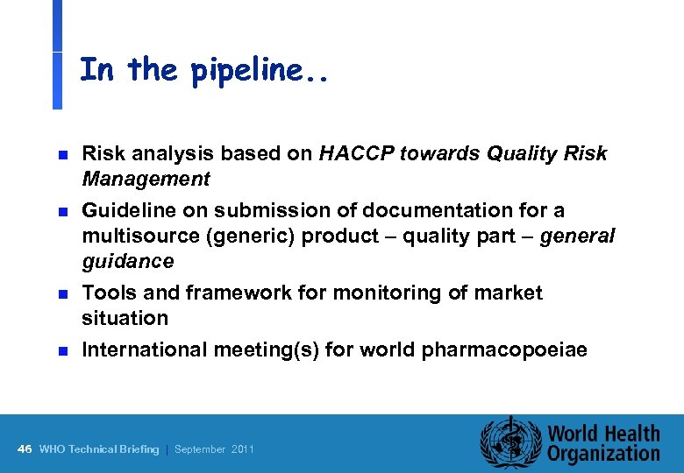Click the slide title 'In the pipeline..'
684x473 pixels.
203,70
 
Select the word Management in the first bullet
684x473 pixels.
146,180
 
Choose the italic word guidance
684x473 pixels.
127,262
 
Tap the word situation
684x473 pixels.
124,318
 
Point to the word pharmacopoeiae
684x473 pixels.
504,350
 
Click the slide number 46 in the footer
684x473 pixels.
25,449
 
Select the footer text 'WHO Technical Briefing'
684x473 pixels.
99,449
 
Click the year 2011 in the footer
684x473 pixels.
243,449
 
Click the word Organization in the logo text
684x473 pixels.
603,454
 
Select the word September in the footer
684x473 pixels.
201,449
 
